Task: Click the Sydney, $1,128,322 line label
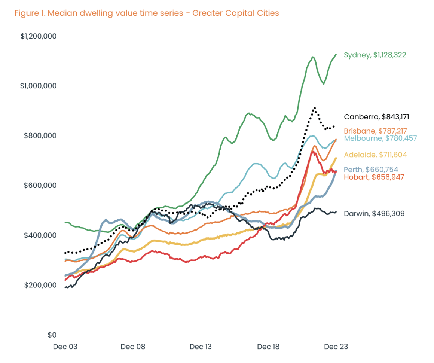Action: click(375, 55)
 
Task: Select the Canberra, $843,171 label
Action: click(376, 117)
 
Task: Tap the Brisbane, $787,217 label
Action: click(375, 131)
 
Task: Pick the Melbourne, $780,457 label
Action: click(380, 138)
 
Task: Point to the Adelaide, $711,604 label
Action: click(375, 155)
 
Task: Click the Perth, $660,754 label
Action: click(371, 170)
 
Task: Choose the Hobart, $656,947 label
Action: click(374, 177)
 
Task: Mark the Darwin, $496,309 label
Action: click(374, 214)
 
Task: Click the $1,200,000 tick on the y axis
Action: click(39, 36)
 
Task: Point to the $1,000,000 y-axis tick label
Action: click(39, 86)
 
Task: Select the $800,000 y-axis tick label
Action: click(40, 135)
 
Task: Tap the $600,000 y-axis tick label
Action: click(40, 185)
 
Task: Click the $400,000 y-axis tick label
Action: click(40, 235)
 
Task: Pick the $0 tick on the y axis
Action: click(51, 335)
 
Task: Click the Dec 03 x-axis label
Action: click(65, 347)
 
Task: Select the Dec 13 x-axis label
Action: click(201, 347)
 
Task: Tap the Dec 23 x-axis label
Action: click(336, 347)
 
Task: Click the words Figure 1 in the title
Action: click(30, 13)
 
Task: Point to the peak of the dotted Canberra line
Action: click(315, 108)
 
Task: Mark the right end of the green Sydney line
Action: click(336, 54)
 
